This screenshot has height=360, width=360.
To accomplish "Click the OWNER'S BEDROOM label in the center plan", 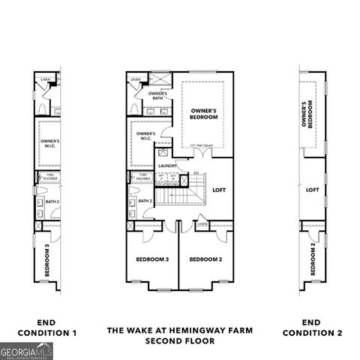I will point(203,113).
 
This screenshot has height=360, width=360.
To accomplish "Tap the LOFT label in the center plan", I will point(219,190).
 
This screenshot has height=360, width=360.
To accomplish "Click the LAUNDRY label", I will point(166,166).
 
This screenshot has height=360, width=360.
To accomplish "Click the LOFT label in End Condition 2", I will point(313,190).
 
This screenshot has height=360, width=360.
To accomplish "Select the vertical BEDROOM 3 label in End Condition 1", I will point(47,260).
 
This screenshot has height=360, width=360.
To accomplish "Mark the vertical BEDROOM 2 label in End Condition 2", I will point(313,259).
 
